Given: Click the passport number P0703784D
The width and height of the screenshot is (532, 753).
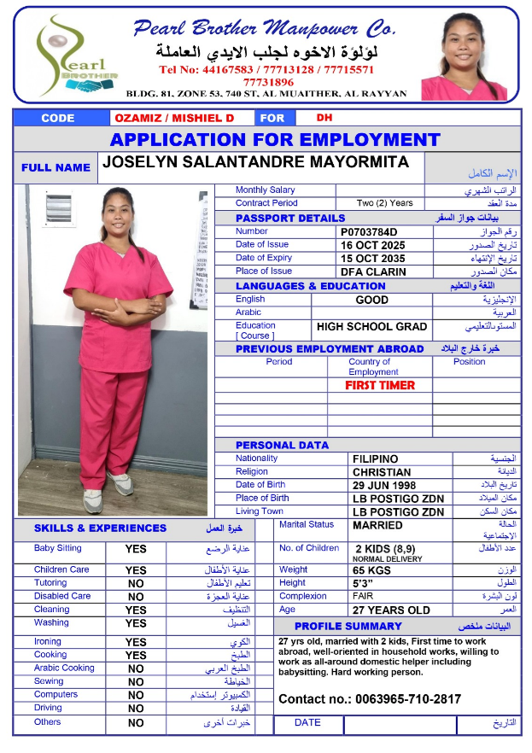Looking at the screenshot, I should [x=369, y=231].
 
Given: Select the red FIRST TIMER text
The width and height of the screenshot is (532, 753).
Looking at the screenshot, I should [x=380, y=385].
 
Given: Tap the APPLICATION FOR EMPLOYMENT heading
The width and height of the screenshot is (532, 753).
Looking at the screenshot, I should [x=275, y=140].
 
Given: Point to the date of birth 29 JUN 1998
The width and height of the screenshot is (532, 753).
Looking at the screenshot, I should [x=388, y=485].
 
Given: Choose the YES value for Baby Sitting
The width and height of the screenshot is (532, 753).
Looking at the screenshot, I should [x=136, y=550].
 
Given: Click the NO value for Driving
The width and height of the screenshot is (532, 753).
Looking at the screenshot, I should [x=136, y=709].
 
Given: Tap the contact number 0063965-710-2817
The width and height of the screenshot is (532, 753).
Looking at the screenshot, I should [x=369, y=699].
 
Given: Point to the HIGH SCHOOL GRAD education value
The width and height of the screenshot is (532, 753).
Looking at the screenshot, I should [x=372, y=327].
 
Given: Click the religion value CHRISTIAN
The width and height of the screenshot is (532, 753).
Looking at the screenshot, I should [x=382, y=472].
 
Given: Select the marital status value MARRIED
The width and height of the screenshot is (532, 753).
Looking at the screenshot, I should [x=377, y=526].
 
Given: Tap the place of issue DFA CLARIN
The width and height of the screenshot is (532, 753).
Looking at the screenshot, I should [x=374, y=272].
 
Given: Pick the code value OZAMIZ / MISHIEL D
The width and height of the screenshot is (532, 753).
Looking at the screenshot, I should [x=173, y=118].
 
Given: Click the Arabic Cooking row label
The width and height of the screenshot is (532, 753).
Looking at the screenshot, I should [x=64, y=668].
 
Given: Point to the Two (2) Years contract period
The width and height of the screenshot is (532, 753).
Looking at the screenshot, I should [x=384, y=203].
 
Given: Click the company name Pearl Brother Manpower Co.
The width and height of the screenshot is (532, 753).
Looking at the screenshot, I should [x=265, y=29].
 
